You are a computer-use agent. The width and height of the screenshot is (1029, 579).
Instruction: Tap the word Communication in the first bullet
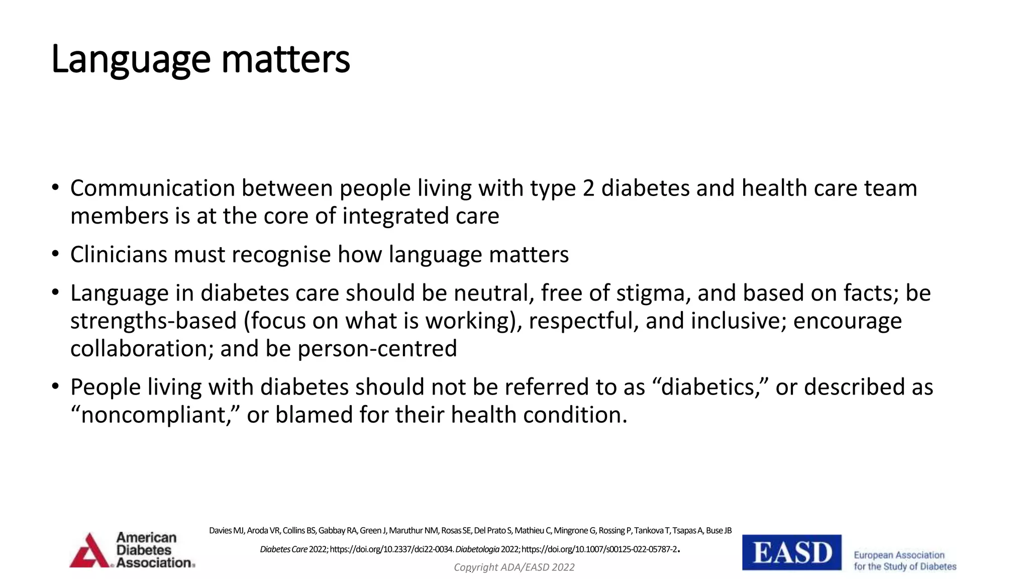[x=153, y=188]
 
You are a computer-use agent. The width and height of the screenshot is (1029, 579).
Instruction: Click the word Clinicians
[x=119, y=254]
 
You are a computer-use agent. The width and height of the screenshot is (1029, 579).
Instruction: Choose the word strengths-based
[x=153, y=321]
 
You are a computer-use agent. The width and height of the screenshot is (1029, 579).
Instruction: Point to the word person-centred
[x=377, y=349]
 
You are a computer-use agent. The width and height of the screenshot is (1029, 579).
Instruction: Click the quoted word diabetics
[x=709, y=388]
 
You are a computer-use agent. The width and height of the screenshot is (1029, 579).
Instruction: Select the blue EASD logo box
[x=791, y=552]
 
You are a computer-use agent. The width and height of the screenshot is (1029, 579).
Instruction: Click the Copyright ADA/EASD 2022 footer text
[x=514, y=567]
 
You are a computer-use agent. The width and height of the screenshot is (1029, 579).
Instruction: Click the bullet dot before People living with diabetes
[x=55, y=387]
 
